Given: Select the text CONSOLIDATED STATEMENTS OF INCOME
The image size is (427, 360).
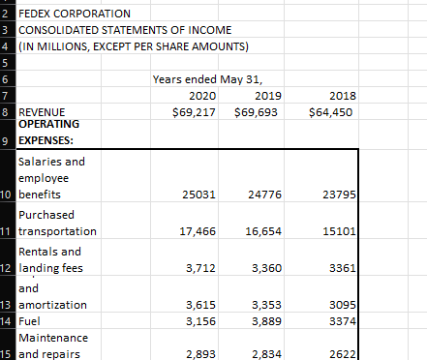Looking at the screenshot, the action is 110,30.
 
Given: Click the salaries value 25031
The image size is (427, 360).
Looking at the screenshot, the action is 198,195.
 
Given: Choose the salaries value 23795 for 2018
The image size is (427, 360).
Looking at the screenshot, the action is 344,195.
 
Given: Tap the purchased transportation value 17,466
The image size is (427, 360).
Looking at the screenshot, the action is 198,232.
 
